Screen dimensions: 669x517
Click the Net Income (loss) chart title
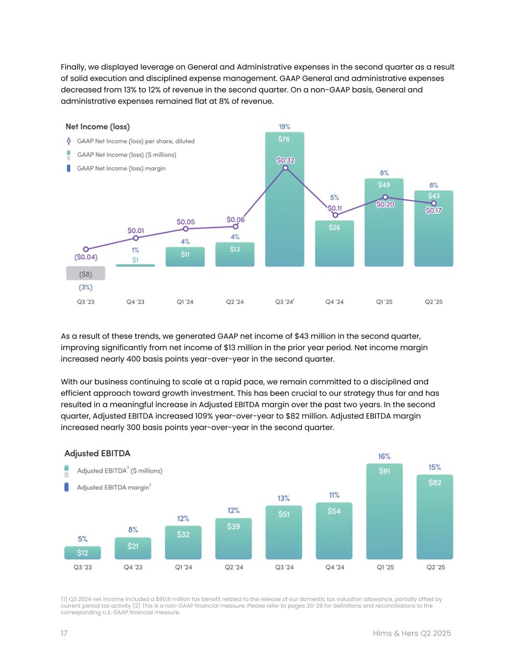tap(98, 126)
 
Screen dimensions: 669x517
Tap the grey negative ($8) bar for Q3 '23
tap(86, 273)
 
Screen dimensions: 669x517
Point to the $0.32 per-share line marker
tap(286, 168)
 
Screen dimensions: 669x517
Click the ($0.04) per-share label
tap(86, 257)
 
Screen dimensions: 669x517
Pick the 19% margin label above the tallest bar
tap(284, 126)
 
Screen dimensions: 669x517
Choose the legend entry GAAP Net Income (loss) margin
tap(121, 168)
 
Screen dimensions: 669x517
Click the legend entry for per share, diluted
tap(135, 141)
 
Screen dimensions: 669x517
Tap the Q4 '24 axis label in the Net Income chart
tap(334, 302)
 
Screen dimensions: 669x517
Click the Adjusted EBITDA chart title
tap(98, 453)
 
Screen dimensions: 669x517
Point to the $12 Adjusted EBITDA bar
tap(82, 553)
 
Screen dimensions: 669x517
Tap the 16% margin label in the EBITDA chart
tap(384, 456)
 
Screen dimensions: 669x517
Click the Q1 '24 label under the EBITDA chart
tap(183, 567)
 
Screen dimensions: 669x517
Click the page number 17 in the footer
tap(64, 633)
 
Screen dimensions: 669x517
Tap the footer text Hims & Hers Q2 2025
tap(412, 633)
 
